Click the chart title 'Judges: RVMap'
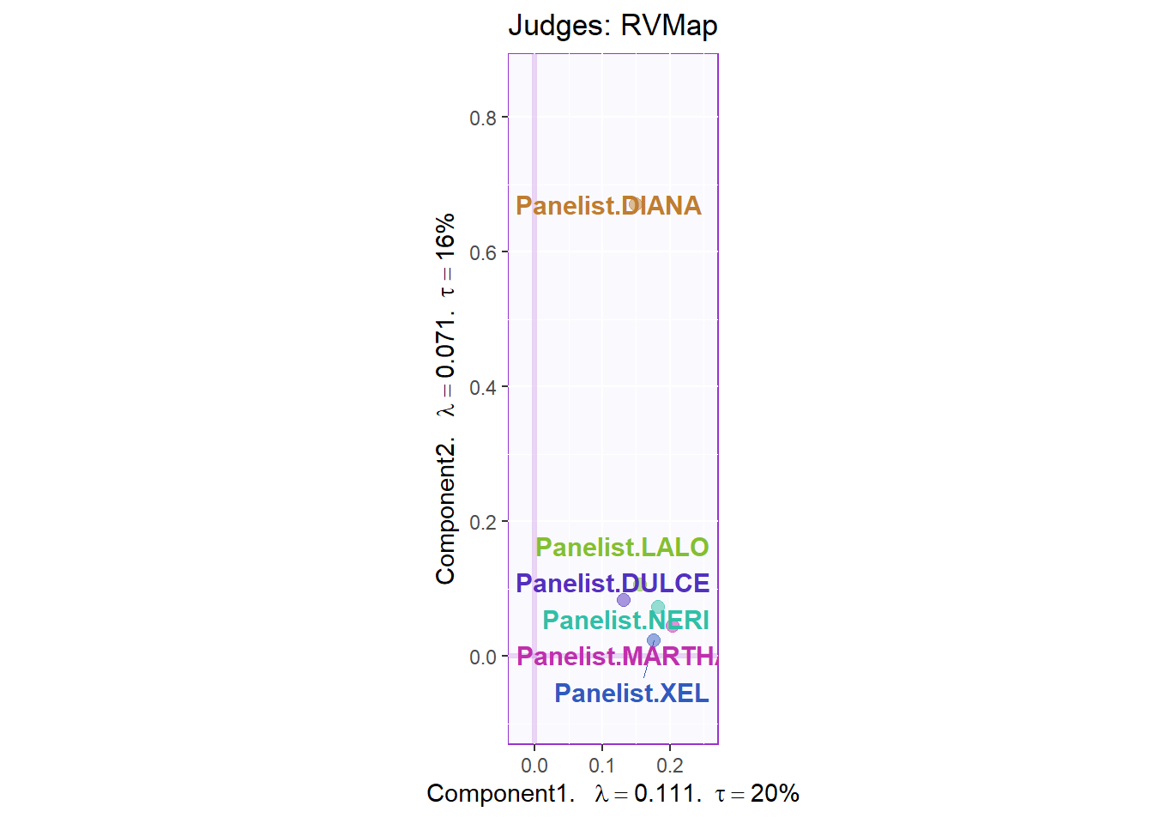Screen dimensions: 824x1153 [613, 26]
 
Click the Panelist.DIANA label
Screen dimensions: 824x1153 [608, 206]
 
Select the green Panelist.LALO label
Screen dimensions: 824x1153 [622, 548]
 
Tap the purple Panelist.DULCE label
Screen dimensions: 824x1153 [613, 584]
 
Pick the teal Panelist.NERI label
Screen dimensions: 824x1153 [625, 620]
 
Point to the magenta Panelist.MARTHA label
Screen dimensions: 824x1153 [617, 657]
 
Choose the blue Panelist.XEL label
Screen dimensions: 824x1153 [631, 694]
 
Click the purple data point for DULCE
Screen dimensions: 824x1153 [624, 600]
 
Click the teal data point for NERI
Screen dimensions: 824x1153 [658, 608]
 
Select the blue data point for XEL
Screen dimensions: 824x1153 [654, 640]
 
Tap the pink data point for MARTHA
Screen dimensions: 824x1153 [673, 626]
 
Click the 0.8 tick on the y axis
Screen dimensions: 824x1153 [483, 118]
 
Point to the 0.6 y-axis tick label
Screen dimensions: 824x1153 [483, 252]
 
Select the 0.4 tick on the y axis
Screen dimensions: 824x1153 [483, 387]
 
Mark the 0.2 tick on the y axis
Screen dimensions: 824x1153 [483, 522]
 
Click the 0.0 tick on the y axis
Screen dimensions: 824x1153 [483, 657]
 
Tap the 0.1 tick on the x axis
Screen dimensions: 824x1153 [602, 766]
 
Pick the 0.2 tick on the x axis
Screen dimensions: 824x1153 [670, 766]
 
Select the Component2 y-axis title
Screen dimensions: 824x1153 [445, 399]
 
